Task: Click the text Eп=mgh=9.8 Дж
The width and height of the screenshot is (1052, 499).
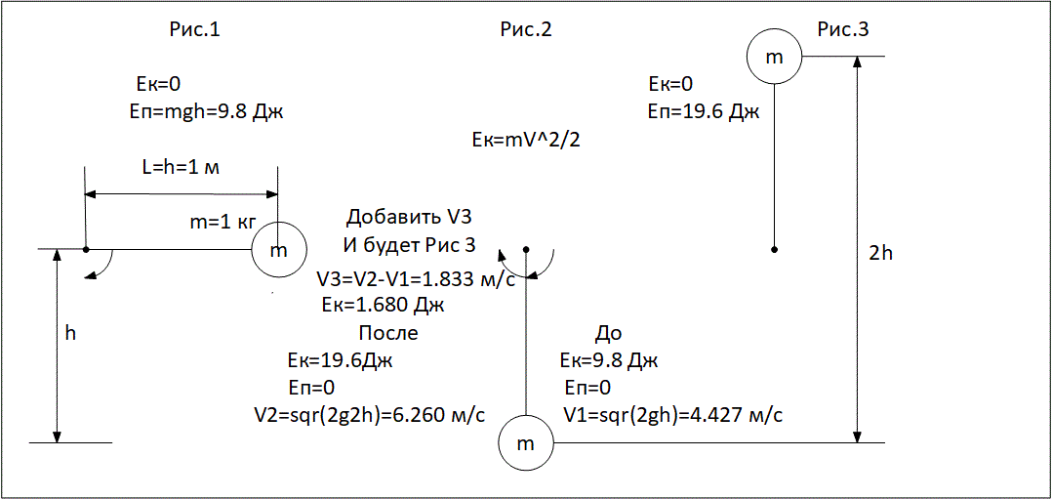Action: (x=205, y=111)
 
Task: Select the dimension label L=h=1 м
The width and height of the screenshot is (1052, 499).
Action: (x=182, y=168)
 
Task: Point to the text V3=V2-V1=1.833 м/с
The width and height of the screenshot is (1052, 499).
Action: (x=416, y=278)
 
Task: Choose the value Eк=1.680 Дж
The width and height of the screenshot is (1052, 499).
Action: (x=384, y=305)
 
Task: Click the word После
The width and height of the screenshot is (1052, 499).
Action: (x=388, y=333)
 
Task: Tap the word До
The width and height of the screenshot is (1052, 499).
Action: (x=609, y=333)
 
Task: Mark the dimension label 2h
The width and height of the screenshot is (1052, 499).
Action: (x=881, y=254)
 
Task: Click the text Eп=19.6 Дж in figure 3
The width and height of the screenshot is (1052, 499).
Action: (x=704, y=111)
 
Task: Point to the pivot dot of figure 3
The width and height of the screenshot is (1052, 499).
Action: (x=774, y=250)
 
